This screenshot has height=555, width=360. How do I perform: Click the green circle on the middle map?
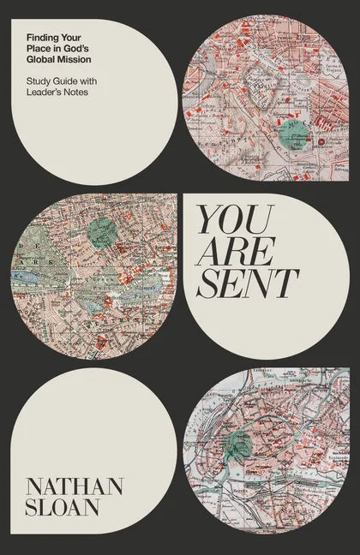102,230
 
